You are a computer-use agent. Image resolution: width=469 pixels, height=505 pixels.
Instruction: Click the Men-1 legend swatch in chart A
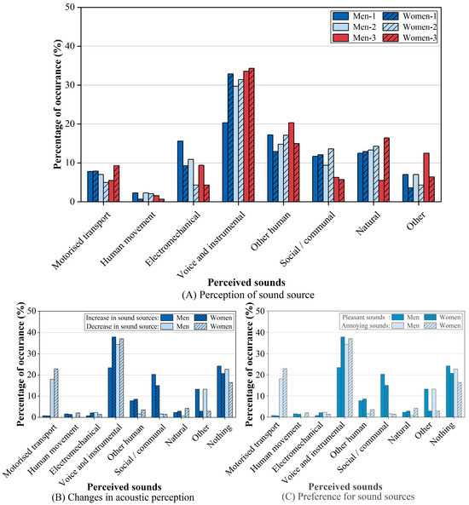click(x=340, y=16)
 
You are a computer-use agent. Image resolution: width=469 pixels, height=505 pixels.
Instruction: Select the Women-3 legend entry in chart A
click(x=410, y=37)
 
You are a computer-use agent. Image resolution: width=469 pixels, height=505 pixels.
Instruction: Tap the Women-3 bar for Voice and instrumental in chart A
click(x=252, y=135)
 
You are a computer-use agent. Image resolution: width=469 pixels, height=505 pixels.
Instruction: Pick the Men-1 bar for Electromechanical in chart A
click(x=180, y=171)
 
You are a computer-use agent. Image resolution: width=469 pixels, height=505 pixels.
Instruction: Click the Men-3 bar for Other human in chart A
click(x=291, y=163)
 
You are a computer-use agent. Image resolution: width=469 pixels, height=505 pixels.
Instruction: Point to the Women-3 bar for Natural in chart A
click(x=386, y=169)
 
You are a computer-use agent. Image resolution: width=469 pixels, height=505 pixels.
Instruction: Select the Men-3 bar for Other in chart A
click(x=426, y=177)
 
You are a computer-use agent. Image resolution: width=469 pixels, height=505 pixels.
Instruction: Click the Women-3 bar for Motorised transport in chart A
click(x=117, y=184)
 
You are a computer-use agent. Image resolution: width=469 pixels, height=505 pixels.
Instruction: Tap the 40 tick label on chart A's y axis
click(x=69, y=46)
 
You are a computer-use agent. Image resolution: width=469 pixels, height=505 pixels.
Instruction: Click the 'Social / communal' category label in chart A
click(x=308, y=239)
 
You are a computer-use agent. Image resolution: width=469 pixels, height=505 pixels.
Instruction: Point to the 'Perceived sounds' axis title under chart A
click(x=246, y=283)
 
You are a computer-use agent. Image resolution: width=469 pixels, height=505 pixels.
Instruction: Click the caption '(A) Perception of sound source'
click(x=248, y=295)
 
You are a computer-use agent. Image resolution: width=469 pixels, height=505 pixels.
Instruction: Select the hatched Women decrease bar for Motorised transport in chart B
click(x=56, y=393)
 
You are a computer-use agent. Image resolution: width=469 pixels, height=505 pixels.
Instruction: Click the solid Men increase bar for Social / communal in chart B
click(x=153, y=396)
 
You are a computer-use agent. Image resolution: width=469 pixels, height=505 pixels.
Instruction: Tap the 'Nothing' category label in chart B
click(x=220, y=435)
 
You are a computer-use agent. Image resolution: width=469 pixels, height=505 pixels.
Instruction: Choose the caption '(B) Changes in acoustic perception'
click(x=123, y=497)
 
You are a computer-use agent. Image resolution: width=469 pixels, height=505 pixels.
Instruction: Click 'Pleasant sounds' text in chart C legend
click(x=363, y=318)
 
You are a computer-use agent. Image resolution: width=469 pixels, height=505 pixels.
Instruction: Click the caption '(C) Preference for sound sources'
click(x=348, y=496)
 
